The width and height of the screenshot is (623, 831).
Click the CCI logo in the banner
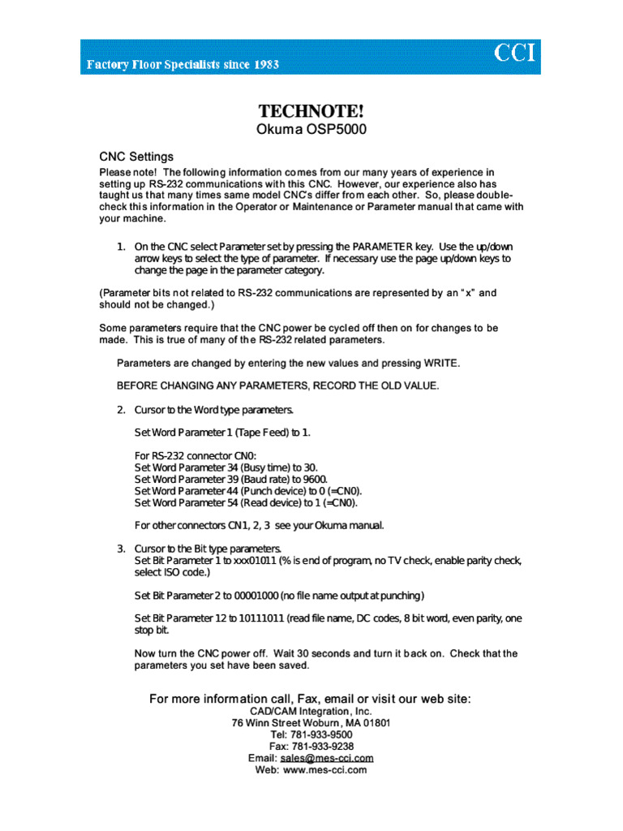click(516, 54)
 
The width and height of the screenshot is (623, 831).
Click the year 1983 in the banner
click(263, 65)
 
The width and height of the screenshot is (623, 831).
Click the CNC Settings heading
click(136, 157)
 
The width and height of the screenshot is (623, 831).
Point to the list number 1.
click(120, 246)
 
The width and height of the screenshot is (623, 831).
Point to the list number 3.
click(120, 549)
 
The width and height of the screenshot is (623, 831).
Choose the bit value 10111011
click(261, 618)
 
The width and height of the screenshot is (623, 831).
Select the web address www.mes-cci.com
click(324, 769)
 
